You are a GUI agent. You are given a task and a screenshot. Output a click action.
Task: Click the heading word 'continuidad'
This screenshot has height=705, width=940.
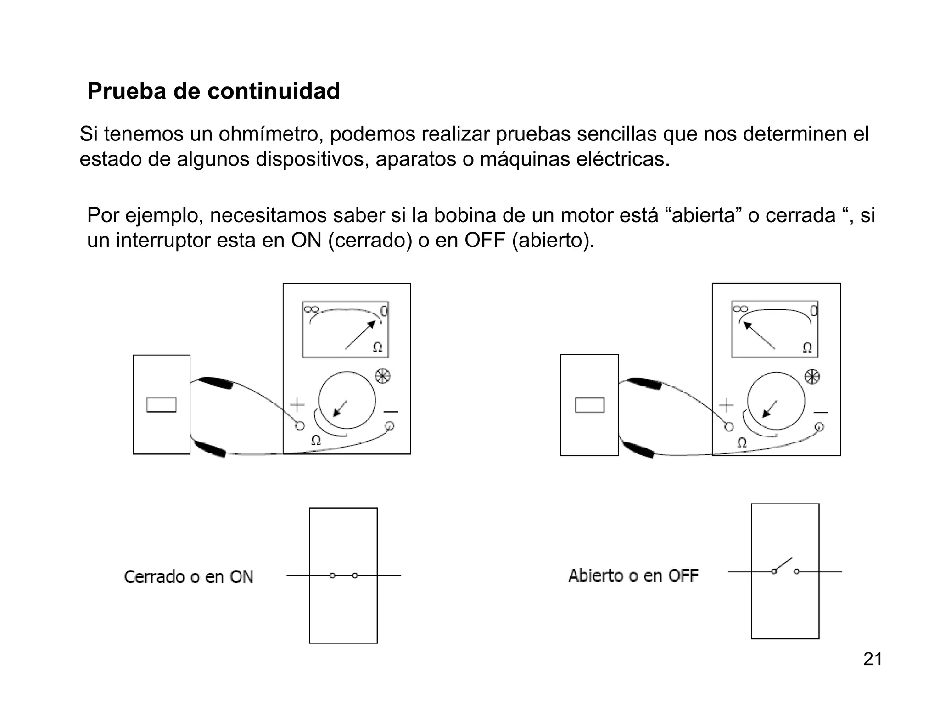pos(274,91)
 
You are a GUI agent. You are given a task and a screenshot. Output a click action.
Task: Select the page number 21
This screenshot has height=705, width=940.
pos(873,659)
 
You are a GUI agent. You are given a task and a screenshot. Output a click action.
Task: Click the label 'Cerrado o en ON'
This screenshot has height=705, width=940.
pos(189,577)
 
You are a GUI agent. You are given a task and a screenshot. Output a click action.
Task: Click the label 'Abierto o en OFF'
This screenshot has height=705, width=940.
pos(633,576)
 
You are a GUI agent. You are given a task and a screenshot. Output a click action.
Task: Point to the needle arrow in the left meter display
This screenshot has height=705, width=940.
pos(360,335)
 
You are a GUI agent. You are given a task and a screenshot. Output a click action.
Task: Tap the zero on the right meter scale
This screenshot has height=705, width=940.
pos(813,311)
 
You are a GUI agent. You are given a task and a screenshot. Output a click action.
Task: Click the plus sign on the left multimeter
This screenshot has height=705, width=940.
pos(297,405)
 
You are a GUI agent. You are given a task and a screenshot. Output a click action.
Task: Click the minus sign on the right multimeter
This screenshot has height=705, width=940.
pos(821,412)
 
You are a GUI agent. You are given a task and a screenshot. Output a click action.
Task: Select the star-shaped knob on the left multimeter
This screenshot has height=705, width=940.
pos(382,377)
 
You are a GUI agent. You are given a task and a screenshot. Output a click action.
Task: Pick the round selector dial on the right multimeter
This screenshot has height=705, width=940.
pos(776,401)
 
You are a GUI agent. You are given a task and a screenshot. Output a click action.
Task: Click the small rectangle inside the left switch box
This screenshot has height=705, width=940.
pos(162,404)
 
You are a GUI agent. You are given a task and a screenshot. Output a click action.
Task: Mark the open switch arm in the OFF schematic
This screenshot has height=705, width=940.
pos(783,565)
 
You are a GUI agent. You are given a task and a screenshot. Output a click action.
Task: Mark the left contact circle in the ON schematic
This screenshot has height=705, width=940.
pos(332,576)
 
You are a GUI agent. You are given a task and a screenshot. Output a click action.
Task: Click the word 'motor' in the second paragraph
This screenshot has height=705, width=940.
pos(586,216)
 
